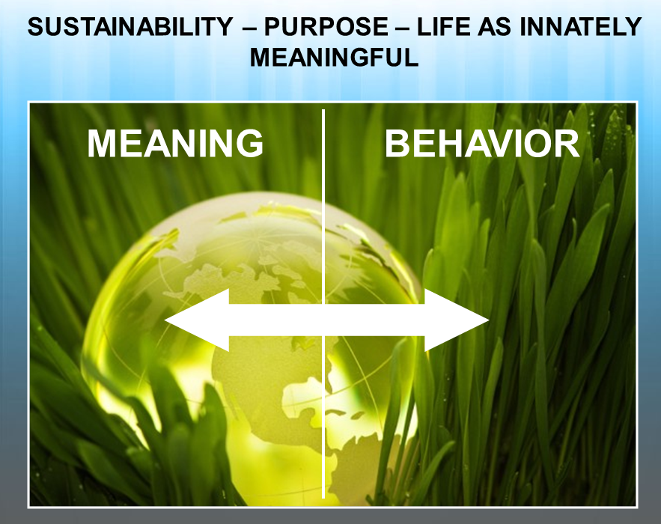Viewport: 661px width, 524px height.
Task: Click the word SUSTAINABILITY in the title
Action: (130, 26)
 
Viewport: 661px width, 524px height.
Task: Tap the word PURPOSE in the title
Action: (326, 26)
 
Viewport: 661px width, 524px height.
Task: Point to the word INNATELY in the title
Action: (580, 26)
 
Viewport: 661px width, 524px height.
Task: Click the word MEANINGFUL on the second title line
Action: (335, 58)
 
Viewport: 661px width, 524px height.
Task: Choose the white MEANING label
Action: (175, 143)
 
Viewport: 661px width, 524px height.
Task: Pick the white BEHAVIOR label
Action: (482, 143)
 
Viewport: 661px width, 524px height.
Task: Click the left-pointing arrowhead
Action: (196, 320)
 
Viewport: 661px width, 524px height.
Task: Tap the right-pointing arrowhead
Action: (457, 320)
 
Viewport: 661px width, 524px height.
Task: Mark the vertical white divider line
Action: (323, 303)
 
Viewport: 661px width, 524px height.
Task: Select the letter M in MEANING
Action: (103, 143)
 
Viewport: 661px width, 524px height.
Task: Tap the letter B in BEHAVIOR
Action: (397, 143)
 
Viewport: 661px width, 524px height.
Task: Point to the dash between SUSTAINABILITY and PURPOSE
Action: (249, 28)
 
